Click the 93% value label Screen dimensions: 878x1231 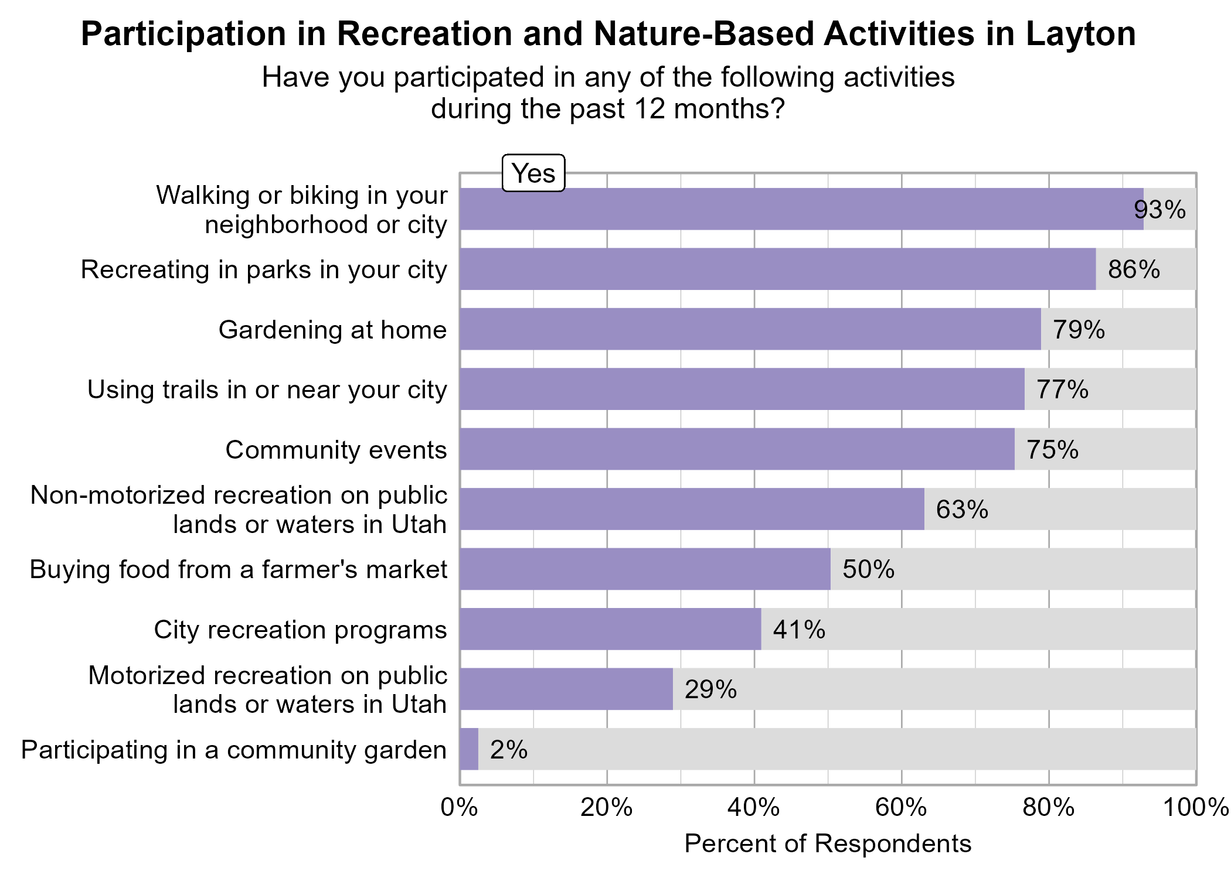tap(1159, 210)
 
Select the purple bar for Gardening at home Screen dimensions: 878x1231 tap(750, 329)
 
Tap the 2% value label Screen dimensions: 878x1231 tap(509, 750)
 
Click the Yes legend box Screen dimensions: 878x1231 tap(533, 173)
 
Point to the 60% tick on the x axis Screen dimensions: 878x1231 tap(901, 808)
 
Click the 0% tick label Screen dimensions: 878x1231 tap(459, 808)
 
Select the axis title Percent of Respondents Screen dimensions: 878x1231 tap(827, 844)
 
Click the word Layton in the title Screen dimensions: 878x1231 tap(1080, 34)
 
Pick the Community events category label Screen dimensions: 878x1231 tap(336, 450)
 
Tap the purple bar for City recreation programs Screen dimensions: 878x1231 tap(610, 629)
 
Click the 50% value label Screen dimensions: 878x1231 tap(868, 569)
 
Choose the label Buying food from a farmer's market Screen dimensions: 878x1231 tap(239, 569)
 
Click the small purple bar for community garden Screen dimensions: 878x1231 tap(469, 749)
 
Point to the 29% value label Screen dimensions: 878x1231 tap(710, 689)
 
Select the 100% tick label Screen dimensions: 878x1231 tap(1195, 808)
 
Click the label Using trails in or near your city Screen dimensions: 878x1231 tap(267, 390)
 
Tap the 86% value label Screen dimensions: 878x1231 tap(1134, 269)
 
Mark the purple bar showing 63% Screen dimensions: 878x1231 tap(692, 509)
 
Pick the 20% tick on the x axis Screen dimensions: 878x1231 tap(607, 808)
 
